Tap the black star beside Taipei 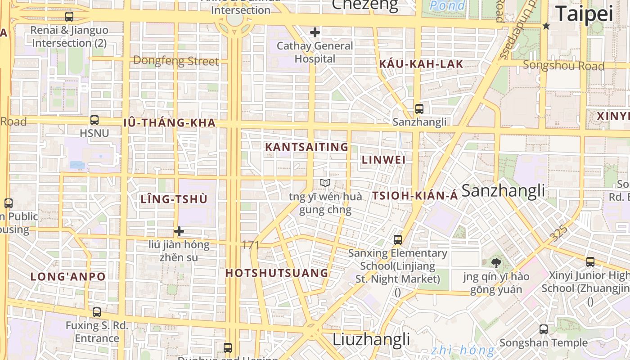[x=546, y=26]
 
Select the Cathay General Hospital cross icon [x=315, y=32]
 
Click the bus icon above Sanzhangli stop [x=419, y=108]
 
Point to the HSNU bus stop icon [x=94, y=120]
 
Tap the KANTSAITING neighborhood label [x=306, y=147]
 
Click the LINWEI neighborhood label [x=384, y=160]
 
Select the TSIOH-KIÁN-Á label [x=415, y=196]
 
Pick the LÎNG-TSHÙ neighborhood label [x=174, y=199]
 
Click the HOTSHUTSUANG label [x=277, y=273]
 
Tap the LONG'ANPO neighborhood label [x=68, y=277]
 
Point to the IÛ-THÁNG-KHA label [x=170, y=123]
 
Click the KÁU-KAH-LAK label [x=421, y=64]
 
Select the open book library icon [x=325, y=183]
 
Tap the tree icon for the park [x=496, y=263]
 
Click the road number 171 [x=251, y=245]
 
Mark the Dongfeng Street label [x=176, y=61]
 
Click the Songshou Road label [x=563, y=66]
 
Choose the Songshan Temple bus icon [x=544, y=329]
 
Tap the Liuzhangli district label [x=371, y=339]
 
